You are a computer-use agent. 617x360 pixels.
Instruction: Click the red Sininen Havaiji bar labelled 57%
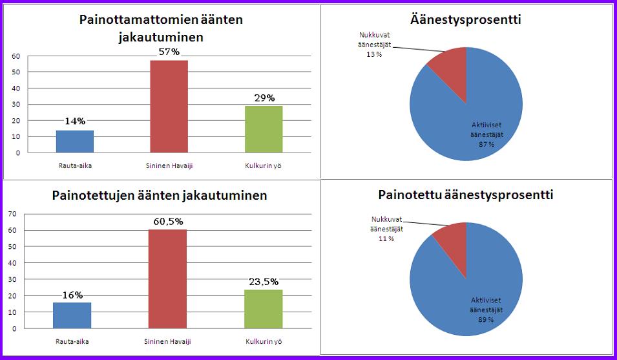click(x=169, y=106)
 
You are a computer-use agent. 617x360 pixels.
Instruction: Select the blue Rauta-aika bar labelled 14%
click(x=75, y=141)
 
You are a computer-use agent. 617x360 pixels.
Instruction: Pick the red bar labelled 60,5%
click(x=169, y=279)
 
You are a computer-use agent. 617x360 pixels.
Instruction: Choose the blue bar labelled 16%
click(x=72, y=315)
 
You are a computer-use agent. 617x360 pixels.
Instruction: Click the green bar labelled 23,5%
click(x=263, y=309)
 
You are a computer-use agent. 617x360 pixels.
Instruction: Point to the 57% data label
click(x=169, y=52)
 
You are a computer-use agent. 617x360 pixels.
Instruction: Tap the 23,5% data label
click(x=264, y=282)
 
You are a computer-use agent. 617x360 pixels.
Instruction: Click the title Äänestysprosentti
click(x=466, y=19)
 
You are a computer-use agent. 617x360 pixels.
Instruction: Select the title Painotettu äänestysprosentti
click(x=465, y=195)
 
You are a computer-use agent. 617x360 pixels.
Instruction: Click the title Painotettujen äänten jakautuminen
click(x=160, y=195)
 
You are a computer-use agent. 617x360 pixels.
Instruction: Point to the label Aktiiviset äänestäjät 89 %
click(x=486, y=310)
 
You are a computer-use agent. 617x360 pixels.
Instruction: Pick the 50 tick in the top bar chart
click(x=15, y=72)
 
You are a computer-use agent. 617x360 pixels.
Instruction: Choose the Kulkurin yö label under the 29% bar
click(x=263, y=165)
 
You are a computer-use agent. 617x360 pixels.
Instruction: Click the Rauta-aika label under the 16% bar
click(x=72, y=340)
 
